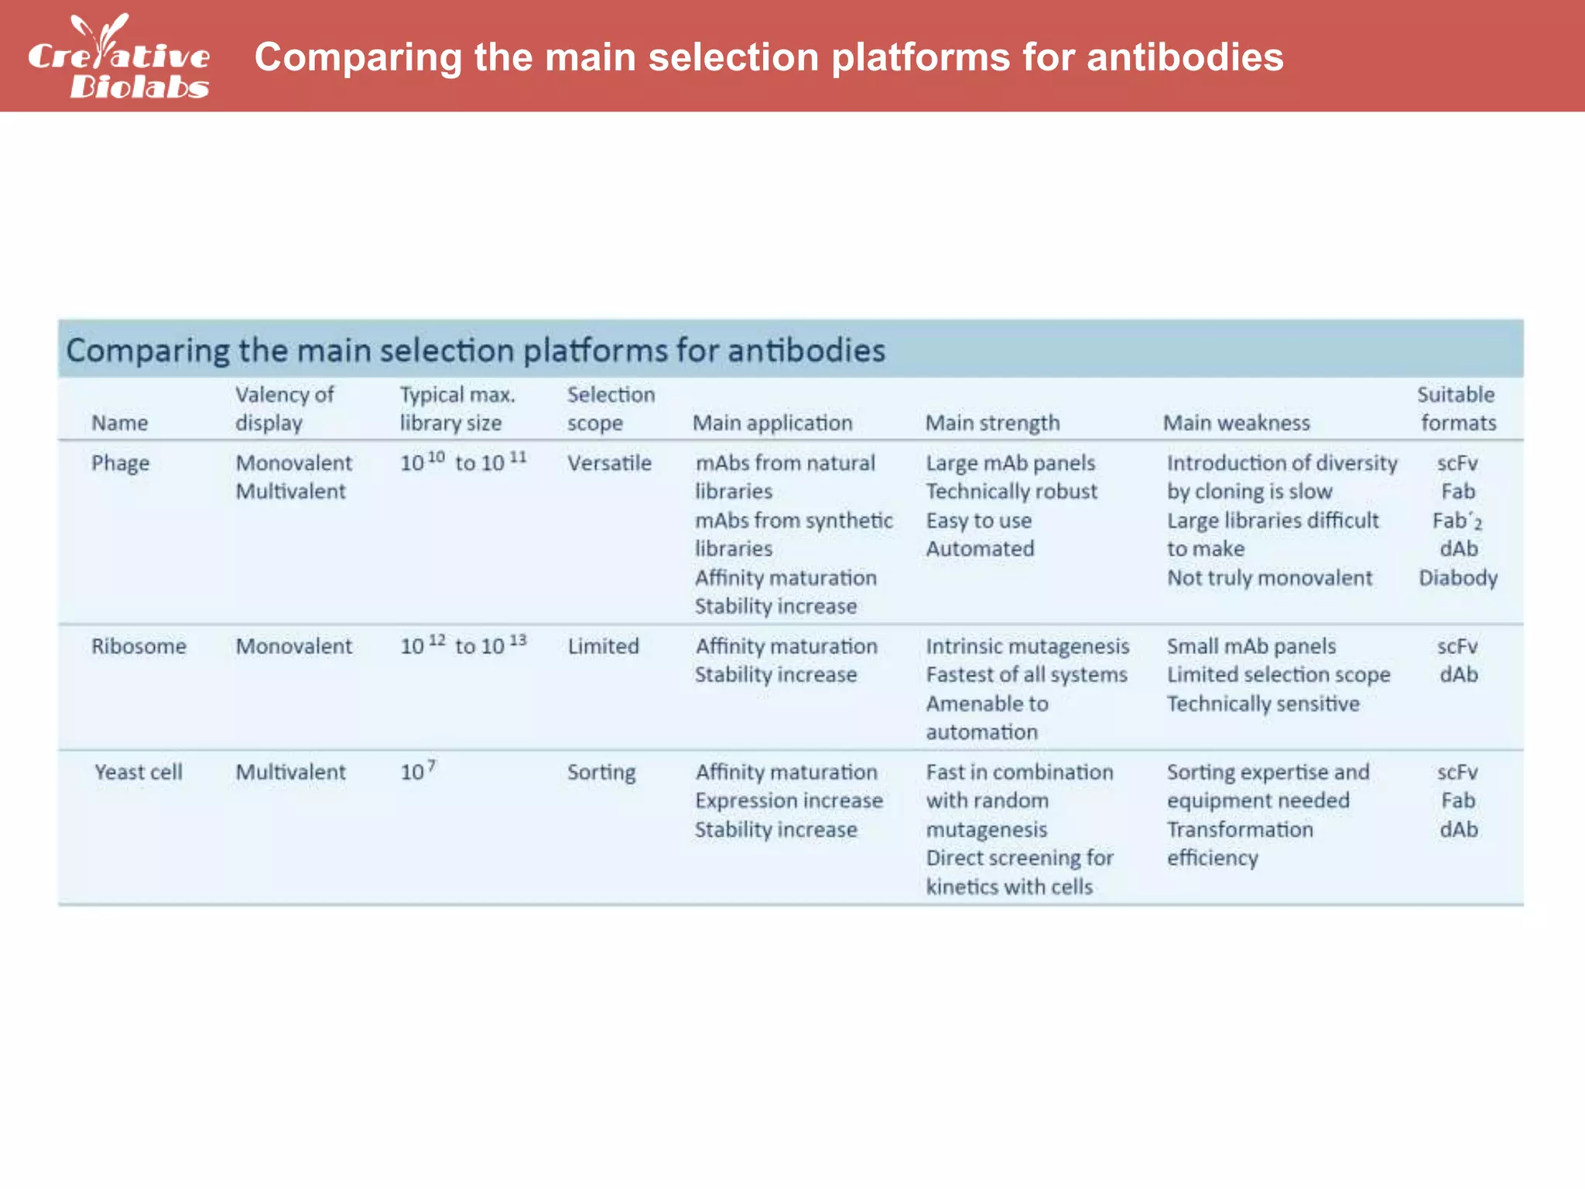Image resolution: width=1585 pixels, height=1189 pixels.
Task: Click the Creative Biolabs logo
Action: tap(118, 57)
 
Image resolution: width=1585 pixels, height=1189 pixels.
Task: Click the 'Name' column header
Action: tap(119, 423)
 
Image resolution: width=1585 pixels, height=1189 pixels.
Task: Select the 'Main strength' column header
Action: tap(992, 423)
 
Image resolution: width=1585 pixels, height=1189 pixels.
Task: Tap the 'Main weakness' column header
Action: tap(1236, 423)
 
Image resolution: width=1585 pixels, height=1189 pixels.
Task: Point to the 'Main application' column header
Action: tap(772, 423)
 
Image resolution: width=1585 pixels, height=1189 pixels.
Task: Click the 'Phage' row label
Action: tap(120, 464)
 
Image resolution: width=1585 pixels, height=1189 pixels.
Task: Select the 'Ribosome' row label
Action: tap(139, 646)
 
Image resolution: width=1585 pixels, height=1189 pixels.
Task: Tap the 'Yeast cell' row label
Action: tap(139, 773)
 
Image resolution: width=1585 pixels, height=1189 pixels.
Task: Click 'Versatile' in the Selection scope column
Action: tap(609, 464)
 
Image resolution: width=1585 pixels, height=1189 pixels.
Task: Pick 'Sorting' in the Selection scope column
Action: tap(601, 773)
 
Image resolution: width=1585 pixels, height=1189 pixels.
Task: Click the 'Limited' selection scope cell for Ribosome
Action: tap(603, 646)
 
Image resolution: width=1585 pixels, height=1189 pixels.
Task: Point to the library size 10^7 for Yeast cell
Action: tap(418, 772)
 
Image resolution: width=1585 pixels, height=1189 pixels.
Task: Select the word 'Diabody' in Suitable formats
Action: tap(1458, 578)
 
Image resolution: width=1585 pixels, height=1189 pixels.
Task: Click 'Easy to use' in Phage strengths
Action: tap(978, 521)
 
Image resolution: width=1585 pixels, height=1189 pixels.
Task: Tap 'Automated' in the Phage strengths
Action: tap(980, 550)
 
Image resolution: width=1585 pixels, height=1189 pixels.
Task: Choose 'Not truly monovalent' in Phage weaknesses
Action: tap(1269, 578)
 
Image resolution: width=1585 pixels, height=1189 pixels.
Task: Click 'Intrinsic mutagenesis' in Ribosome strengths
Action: tap(1028, 646)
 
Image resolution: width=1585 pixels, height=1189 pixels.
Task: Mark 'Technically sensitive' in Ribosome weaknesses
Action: tap(1263, 704)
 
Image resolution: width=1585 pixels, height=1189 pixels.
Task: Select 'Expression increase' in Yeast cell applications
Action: tap(789, 801)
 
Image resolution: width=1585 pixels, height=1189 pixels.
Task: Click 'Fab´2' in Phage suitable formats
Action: tap(1457, 521)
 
